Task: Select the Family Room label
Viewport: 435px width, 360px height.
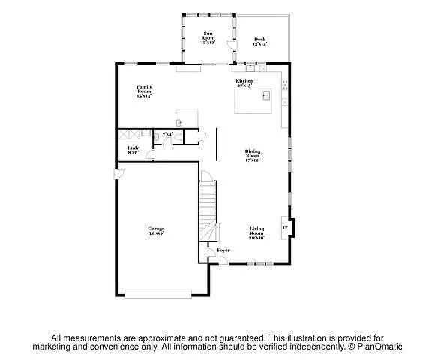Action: coord(144,92)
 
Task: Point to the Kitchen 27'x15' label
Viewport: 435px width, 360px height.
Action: coord(245,83)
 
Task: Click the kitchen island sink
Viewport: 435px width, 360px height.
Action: coord(264,95)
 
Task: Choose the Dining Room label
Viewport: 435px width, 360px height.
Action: coord(252,155)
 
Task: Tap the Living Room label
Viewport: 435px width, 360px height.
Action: coord(256,233)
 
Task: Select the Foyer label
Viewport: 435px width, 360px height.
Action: coord(223,250)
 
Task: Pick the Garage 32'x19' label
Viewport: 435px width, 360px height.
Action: coord(156,231)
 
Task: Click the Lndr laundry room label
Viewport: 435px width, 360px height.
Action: coord(133,151)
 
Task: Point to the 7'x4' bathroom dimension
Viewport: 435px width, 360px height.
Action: coord(167,134)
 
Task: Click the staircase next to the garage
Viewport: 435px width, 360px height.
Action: coord(208,206)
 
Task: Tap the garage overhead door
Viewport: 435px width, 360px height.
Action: coord(158,293)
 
